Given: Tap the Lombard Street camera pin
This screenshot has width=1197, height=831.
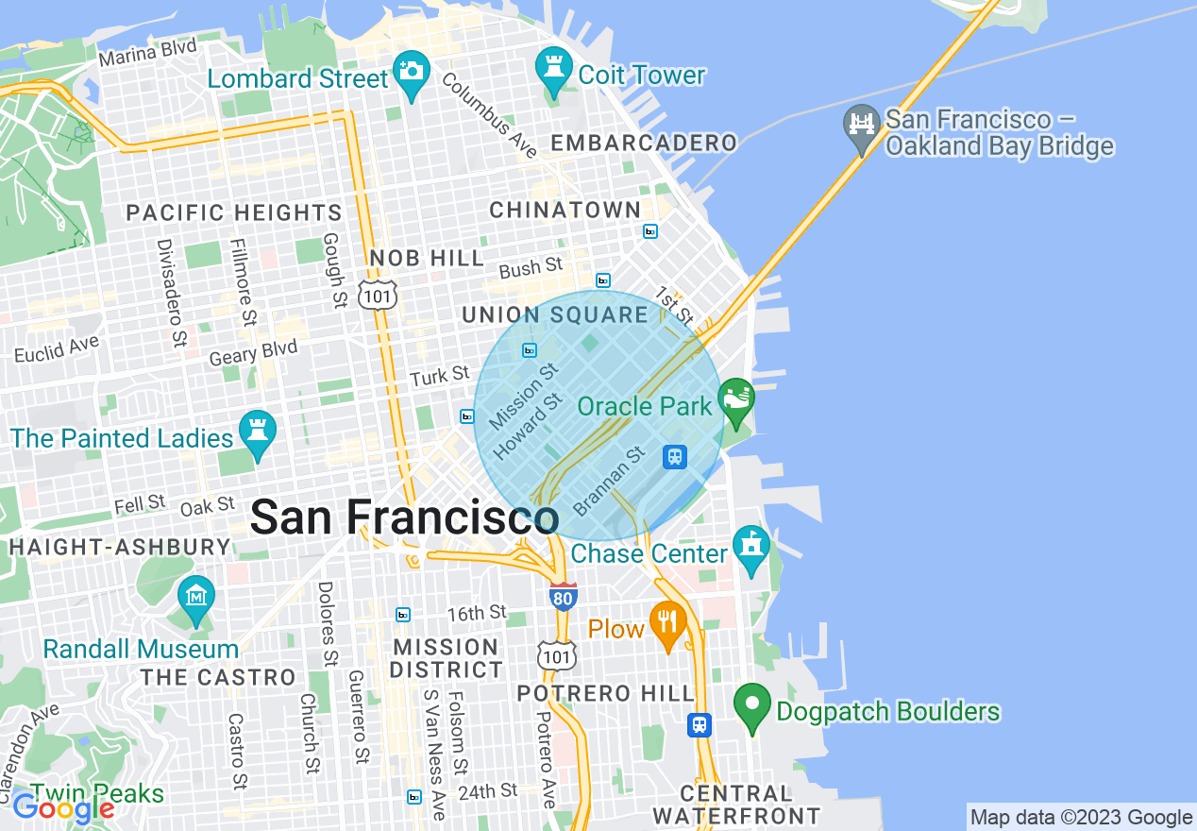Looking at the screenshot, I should coord(412,73).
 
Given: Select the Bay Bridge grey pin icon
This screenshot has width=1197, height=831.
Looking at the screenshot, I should coord(861,127).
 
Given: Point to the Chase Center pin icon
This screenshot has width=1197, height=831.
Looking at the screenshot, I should coord(751,548).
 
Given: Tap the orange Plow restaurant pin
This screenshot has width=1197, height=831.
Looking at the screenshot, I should coord(668,623).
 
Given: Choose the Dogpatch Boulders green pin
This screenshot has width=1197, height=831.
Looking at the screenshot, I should coord(752,705).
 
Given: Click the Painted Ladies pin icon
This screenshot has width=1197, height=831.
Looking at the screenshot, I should coord(257,432).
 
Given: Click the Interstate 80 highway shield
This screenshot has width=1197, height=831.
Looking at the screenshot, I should coord(563,596).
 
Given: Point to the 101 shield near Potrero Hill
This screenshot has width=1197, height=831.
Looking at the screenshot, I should coord(554,653).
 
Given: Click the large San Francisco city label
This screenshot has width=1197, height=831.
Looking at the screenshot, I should coord(404,517).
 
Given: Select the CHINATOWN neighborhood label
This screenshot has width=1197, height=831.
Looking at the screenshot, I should coord(565,210).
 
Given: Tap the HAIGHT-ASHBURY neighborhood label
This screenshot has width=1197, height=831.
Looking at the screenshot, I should coord(120,547).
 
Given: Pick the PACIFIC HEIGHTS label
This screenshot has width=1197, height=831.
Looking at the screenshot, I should coord(234,212).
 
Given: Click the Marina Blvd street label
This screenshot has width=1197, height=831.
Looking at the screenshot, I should coord(148,53).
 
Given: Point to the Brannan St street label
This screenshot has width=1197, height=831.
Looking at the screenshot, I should coord(609,481).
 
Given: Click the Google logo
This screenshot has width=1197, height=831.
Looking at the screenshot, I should coord(63,808).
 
